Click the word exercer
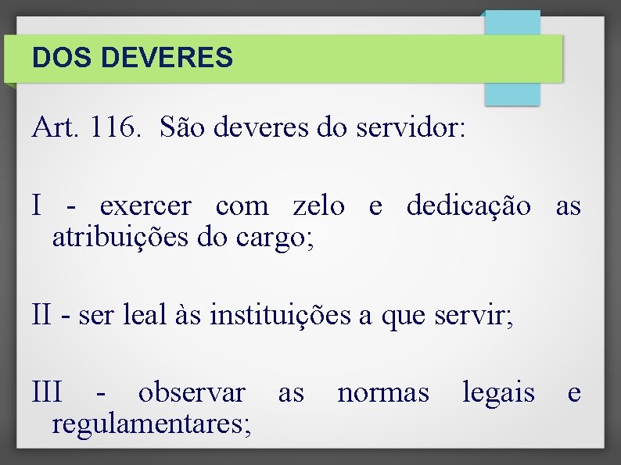click(145, 206)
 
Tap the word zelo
click(318, 206)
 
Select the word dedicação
click(468, 206)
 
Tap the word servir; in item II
click(474, 315)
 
